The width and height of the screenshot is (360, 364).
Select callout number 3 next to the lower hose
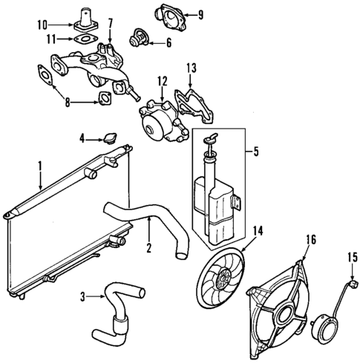point(82,296)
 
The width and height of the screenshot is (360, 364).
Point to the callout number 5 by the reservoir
point(256,154)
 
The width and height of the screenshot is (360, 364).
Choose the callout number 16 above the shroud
point(310,238)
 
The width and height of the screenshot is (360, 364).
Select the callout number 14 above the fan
point(257,230)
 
